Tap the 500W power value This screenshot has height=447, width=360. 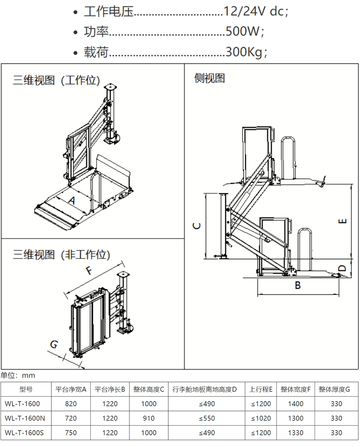click(x=245, y=32)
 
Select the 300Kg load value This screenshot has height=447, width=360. click(x=246, y=52)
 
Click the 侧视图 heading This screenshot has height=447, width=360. click(x=210, y=78)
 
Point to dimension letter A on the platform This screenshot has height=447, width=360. click(x=72, y=201)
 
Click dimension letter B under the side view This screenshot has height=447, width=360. click(x=298, y=285)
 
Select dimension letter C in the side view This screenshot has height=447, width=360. click(x=197, y=226)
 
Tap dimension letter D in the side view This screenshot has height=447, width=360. click(x=342, y=268)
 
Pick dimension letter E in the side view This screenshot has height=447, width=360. click(x=343, y=221)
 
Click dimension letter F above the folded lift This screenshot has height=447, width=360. click(x=89, y=270)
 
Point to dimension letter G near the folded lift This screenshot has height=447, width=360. click(x=54, y=344)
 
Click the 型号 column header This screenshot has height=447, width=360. click(x=26, y=389)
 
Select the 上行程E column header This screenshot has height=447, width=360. click(x=261, y=389)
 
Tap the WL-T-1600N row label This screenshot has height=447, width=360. click(x=25, y=418)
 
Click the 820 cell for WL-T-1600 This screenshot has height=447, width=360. click(x=71, y=404)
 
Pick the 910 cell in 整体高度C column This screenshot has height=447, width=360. click(x=149, y=418)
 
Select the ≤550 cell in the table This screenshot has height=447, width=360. click(x=207, y=418)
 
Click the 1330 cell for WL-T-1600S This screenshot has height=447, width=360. click(x=296, y=433)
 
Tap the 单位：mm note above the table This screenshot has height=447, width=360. click(x=18, y=375)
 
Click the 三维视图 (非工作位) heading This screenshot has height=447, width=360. click(x=62, y=255)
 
